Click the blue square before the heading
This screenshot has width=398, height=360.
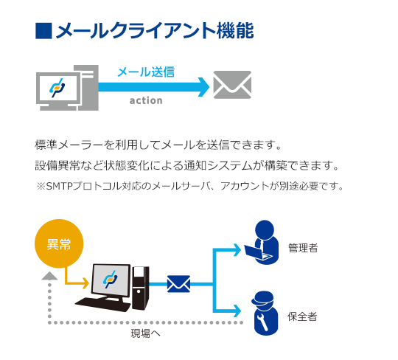click(43, 31)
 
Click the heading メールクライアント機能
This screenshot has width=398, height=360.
click(155, 31)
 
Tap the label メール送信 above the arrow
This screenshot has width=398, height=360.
click(146, 72)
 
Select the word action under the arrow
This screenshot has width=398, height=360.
click(146, 100)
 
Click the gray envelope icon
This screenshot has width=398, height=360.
click(232, 85)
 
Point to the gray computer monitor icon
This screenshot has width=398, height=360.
click(58, 91)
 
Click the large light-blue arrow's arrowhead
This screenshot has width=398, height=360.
click(203, 87)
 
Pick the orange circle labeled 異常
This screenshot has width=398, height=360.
click(59, 243)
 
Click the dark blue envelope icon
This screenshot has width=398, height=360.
click(178, 284)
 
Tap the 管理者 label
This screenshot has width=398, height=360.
click(303, 248)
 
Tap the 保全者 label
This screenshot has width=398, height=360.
click(302, 316)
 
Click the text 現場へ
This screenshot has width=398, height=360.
click(145, 333)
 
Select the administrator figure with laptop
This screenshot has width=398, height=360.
click(263, 242)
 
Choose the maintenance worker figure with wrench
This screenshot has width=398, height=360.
click(265, 313)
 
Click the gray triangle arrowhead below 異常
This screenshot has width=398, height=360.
click(49, 276)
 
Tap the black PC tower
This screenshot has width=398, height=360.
click(141, 288)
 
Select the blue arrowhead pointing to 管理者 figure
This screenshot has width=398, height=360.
click(237, 250)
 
